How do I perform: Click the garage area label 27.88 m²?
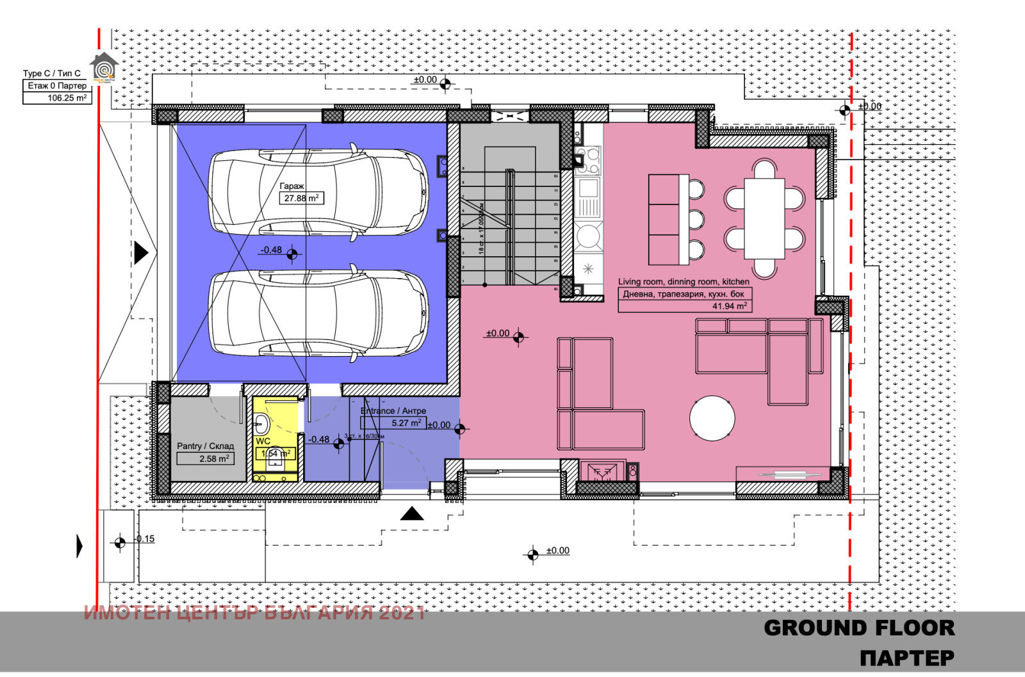point(301,199)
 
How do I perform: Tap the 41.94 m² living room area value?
point(729,306)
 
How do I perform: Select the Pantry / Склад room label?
point(205,446)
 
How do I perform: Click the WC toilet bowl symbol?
point(261,422)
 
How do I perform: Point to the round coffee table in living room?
point(712,418)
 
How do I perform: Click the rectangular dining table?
point(764,218)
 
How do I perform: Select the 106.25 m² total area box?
point(58,98)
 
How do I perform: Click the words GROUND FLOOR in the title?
point(858,628)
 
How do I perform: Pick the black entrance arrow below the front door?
point(412,514)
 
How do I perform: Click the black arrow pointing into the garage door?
point(141,253)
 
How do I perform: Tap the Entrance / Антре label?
point(393,411)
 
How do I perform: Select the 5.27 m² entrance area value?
point(406,423)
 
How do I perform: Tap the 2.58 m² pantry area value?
point(213,459)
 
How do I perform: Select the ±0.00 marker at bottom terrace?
point(533,554)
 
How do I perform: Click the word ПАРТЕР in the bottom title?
point(906,658)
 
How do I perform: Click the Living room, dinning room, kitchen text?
point(684,281)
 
